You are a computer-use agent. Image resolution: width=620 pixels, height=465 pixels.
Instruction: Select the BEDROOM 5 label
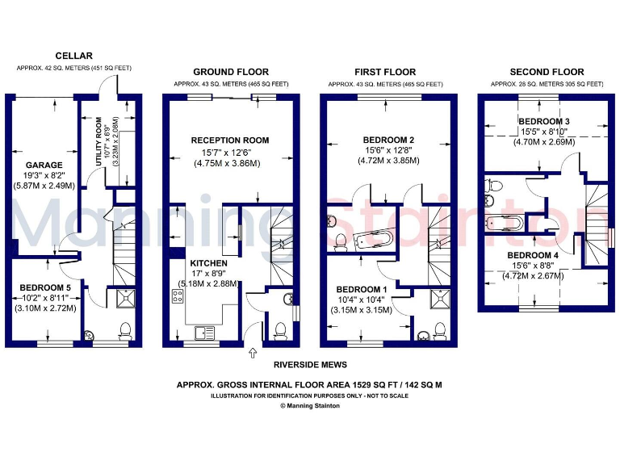(x=44, y=287)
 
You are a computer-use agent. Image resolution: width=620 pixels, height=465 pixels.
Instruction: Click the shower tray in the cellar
(x=126, y=300)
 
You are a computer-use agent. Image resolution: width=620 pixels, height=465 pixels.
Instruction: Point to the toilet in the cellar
(x=124, y=330)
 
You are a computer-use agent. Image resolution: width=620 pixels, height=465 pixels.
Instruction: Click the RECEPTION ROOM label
(x=230, y=140)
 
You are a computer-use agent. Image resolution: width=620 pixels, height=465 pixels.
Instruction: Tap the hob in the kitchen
(x=175, y=296)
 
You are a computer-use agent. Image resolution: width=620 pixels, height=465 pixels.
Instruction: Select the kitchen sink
(x=201, y=331)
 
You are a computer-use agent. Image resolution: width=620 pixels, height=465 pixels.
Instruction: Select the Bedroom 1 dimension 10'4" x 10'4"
(x=361, y=300)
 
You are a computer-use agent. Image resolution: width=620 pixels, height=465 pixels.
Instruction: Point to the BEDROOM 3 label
(x=544, y=121)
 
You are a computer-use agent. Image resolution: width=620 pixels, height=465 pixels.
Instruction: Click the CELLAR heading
(x=73, y=55)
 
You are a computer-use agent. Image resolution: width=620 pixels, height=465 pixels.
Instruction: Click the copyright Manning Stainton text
(x=310, y=406)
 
